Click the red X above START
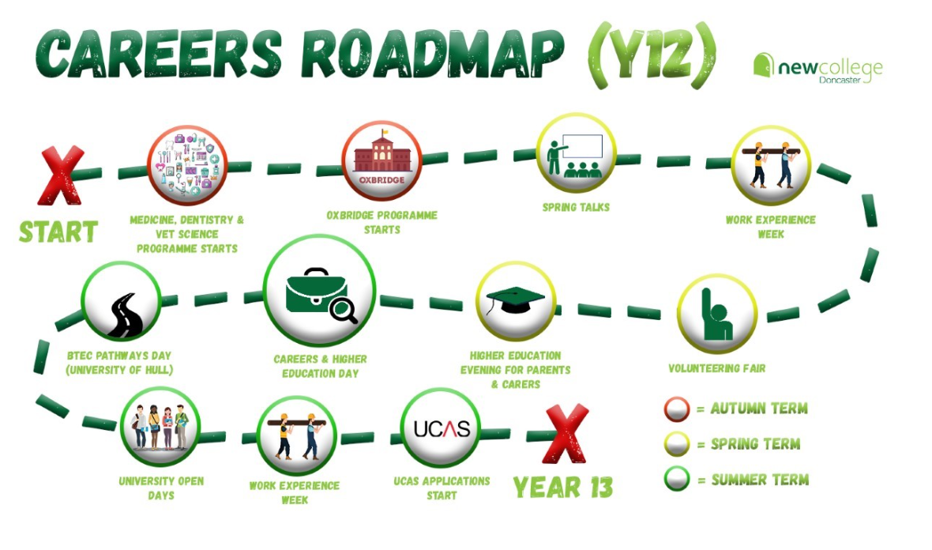61,175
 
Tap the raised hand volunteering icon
716,315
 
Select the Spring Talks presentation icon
575,154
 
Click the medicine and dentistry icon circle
186,166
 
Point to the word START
58,232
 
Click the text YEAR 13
563,487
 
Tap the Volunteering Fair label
716,368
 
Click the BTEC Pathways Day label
119,362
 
